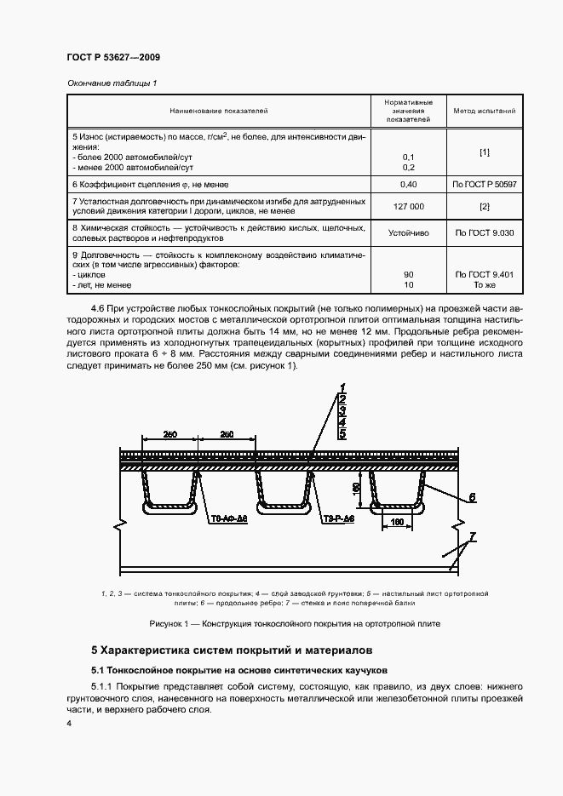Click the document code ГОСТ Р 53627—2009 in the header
[113, 57]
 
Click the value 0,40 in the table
[407, 184]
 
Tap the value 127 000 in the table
[407, 207]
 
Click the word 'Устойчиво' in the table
[407, 232]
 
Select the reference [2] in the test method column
[484, 207]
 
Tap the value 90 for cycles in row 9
[408, 275]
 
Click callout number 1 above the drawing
[342, 387]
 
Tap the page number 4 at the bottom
[69, 724]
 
